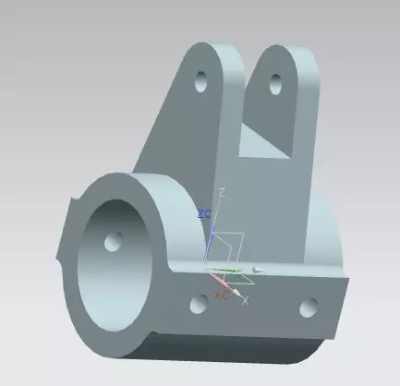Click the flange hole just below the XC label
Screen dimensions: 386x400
197,301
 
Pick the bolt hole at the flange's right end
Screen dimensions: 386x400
308,306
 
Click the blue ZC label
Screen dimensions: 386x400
205,213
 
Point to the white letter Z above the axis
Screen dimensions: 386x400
221,191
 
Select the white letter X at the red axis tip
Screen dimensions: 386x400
246,302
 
